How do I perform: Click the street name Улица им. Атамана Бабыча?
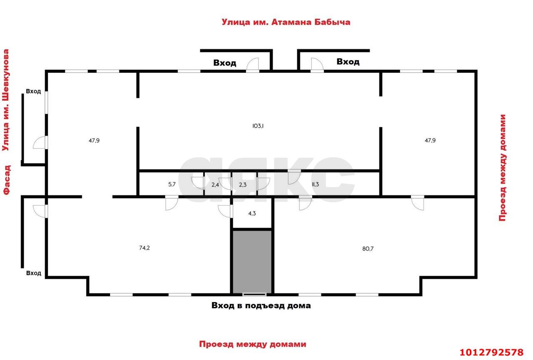pos(286,22)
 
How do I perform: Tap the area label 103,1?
pos(258,126)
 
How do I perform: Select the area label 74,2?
pos(144,248)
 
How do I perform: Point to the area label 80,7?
pos(368,249)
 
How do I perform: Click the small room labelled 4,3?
pos(252,213)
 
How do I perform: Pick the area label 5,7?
pos(172,184)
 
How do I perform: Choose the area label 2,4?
pos(215,185)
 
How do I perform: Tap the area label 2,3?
pos(243,185)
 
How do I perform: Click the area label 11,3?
pos(315,184)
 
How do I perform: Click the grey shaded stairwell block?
pos(252,262)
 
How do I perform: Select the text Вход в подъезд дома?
pos(261,305)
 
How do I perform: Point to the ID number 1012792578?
pos(492,352)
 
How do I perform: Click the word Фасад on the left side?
pos(7,180)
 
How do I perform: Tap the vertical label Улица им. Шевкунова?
pos(6,100)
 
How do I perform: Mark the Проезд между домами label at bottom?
pos(253,344)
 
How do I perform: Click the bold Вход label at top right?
pos(348,62)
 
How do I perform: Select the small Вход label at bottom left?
pos(34,273)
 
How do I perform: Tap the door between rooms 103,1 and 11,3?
pos(294,177)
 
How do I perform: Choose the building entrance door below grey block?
pos(254,295)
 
